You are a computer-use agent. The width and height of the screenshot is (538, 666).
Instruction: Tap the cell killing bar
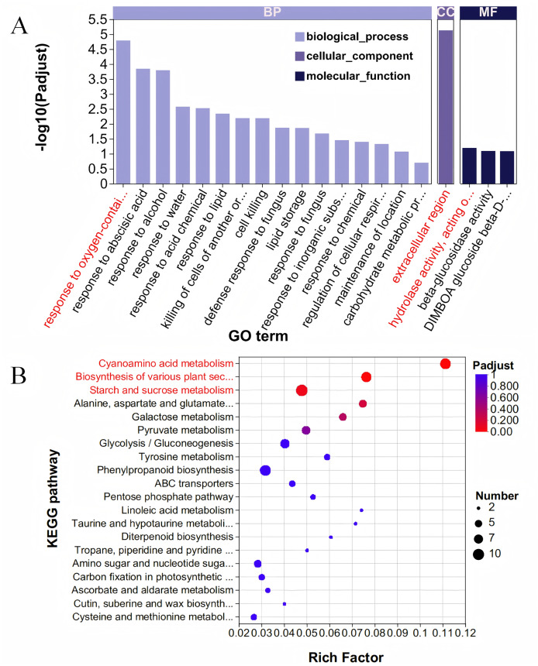pos(262,151)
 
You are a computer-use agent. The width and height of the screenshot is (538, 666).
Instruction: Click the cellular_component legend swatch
pos(299,57)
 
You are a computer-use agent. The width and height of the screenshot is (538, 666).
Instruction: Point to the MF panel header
pos(488,12)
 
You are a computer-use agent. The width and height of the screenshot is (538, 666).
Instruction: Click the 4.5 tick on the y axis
pos(100,49)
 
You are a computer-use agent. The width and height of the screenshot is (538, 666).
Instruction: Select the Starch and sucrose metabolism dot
pos(302,390)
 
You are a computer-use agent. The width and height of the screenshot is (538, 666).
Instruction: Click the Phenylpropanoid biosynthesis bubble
pos(266,470)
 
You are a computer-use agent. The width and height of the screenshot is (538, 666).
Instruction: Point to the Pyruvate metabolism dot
pos(306,430)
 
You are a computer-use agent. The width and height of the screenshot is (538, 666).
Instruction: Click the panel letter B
pos(19,378)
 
